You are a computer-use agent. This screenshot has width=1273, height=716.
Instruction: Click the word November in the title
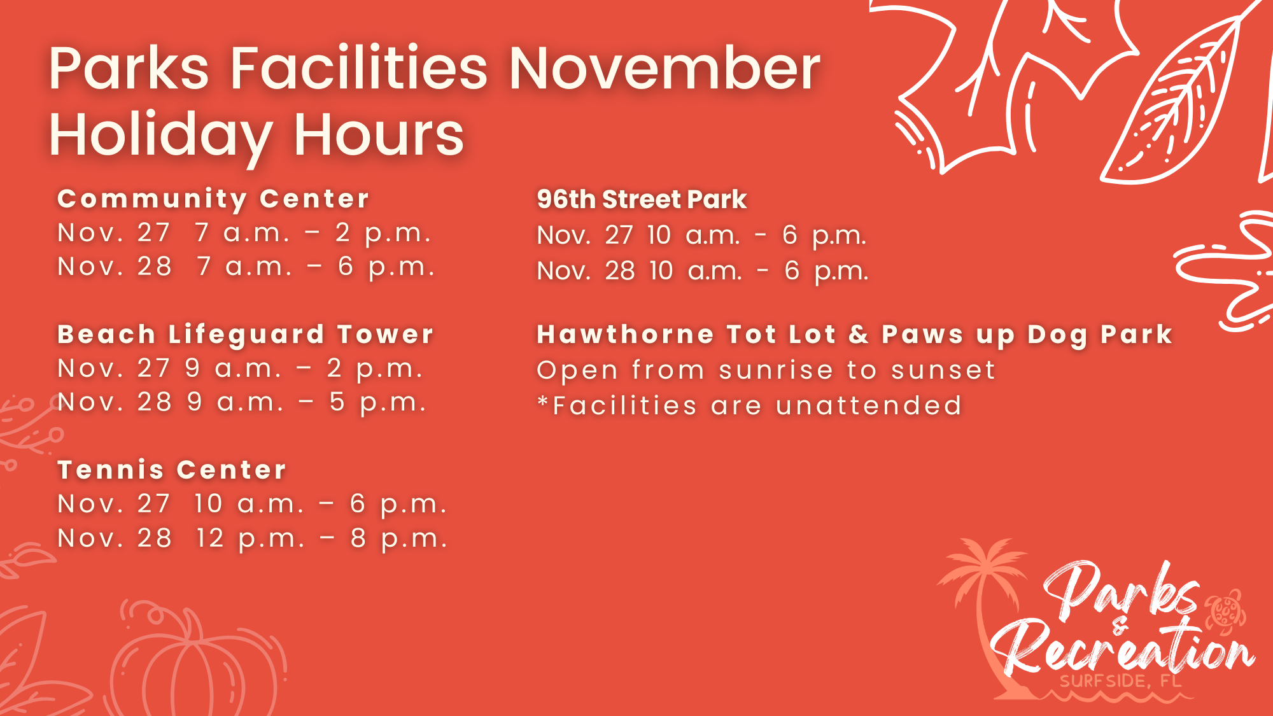coord(665,69)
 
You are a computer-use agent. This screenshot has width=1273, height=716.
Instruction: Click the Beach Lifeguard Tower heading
coord(246,335)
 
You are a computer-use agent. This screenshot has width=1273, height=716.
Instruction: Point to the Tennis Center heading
coord(172,470)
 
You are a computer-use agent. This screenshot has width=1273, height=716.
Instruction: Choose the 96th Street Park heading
coord(642,200)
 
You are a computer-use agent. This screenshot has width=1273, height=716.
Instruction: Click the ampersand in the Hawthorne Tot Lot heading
coord(859,334)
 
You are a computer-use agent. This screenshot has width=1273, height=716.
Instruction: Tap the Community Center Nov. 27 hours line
coord(244,234)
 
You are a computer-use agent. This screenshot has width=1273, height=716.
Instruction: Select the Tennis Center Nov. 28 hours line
coord(252,538)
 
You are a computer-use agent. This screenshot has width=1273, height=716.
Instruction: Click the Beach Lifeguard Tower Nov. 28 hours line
coord(242,402)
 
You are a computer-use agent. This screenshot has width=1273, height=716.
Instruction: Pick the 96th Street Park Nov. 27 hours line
coord(701,235)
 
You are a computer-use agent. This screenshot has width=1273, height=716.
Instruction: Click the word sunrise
coord(776,370)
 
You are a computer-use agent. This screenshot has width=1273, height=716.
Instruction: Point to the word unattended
coord(869,406)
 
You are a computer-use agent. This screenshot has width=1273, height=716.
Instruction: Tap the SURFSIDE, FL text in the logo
coord(1120,681)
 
